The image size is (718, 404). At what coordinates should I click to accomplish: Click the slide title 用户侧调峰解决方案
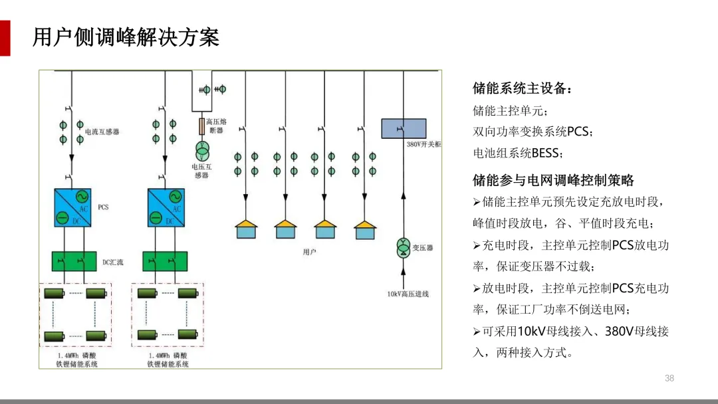[x=126, y=37]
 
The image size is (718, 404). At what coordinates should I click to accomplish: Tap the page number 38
[x=669, y=378]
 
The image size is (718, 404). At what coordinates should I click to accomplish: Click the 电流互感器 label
[x=102, y=132]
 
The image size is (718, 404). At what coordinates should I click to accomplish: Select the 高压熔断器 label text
[x=216, y=126]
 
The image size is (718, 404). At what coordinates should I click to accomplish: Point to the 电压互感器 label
[x=201, y=171]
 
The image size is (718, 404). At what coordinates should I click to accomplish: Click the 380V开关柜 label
[x=423, y=144]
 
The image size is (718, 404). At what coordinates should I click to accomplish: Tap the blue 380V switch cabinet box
[x=404, y=128]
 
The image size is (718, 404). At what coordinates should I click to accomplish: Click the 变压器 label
[x=422, y=248]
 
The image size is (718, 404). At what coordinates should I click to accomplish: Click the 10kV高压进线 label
[x=408, y=294]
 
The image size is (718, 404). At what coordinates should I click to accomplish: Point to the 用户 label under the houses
[x=309, y=252]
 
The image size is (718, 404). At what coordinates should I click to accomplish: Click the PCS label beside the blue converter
[x=103, y=207]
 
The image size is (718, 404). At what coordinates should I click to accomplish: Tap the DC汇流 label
[x=112, y=262]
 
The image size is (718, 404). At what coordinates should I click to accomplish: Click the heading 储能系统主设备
[x=522, y=88]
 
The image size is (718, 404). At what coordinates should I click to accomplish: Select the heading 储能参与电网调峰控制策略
[x=553, y=180]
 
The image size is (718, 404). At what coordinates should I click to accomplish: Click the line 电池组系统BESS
[x=518, y=153]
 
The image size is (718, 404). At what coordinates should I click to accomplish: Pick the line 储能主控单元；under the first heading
[x=511, y=110]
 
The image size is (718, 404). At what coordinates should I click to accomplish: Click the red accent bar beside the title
[x=5, y=38]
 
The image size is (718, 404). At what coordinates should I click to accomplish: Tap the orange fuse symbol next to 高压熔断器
[x=201, y=126]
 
